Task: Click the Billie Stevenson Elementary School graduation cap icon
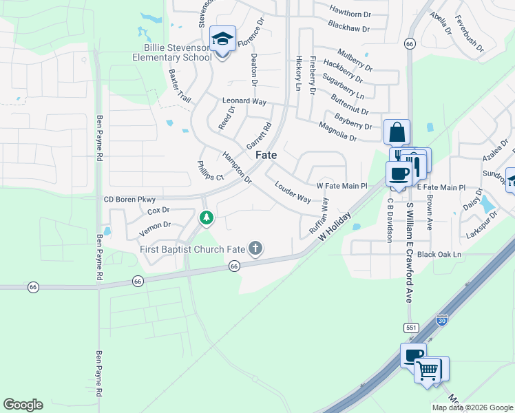(222, 39)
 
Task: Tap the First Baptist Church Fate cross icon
(255, 248)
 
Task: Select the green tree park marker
(205, 218)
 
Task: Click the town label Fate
(266, 156)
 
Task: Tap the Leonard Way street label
(244, 101)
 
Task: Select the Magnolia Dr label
(337, 131)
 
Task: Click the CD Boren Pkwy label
(129, 199)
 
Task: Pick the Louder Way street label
(292, 192)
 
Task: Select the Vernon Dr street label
(154, 225)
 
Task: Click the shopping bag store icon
(397, 132)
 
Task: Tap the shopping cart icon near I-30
(428, 370)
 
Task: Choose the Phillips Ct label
(211, 171)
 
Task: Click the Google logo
(23, 405)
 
